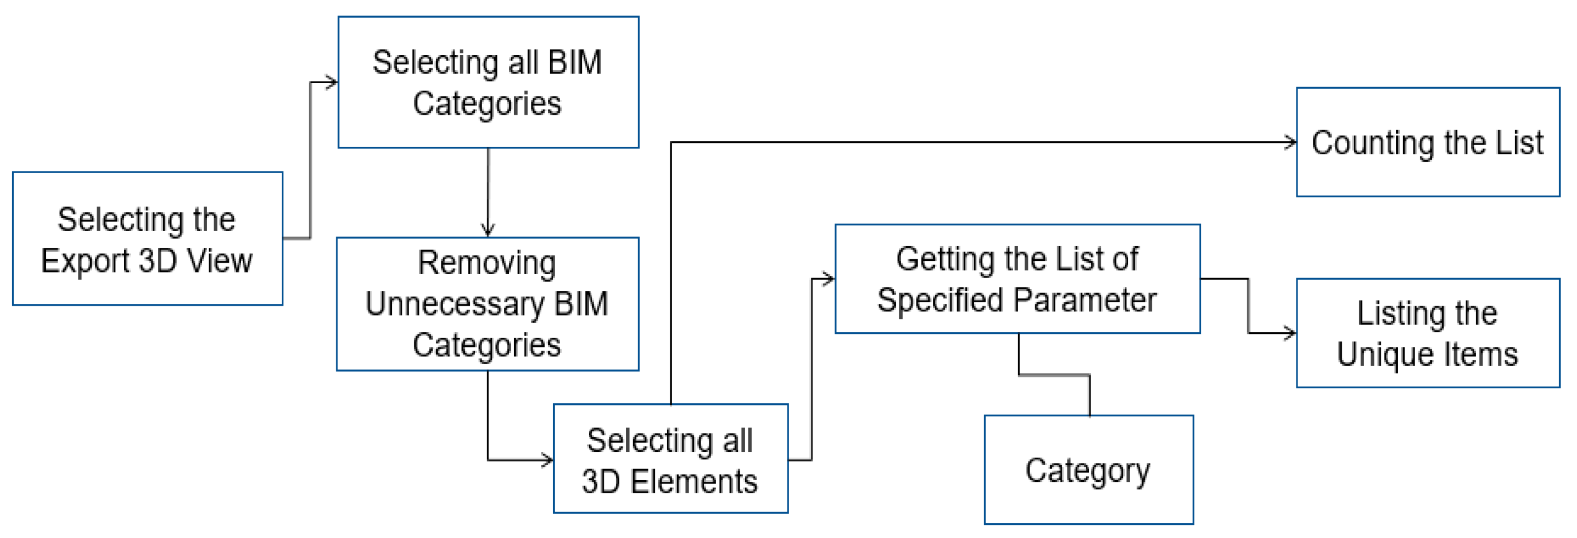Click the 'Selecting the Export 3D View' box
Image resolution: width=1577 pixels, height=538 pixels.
coord(147,238)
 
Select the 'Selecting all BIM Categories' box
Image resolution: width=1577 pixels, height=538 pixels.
coord(488,82)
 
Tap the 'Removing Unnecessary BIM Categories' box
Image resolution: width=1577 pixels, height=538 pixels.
coord(487,303)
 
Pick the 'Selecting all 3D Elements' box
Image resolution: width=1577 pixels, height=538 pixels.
coord(670,458)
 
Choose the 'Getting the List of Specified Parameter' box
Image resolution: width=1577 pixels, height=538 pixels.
coord(1017,279)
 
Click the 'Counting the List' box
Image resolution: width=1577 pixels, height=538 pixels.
coord(1427,142)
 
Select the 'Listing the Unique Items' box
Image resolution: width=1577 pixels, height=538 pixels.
coord(1427,333)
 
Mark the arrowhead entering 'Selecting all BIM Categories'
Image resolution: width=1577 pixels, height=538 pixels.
coord(332,82)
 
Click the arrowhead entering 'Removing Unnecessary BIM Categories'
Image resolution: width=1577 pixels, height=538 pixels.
coord(488,231)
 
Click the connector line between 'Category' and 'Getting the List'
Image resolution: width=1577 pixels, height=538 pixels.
coord(1054,375)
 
